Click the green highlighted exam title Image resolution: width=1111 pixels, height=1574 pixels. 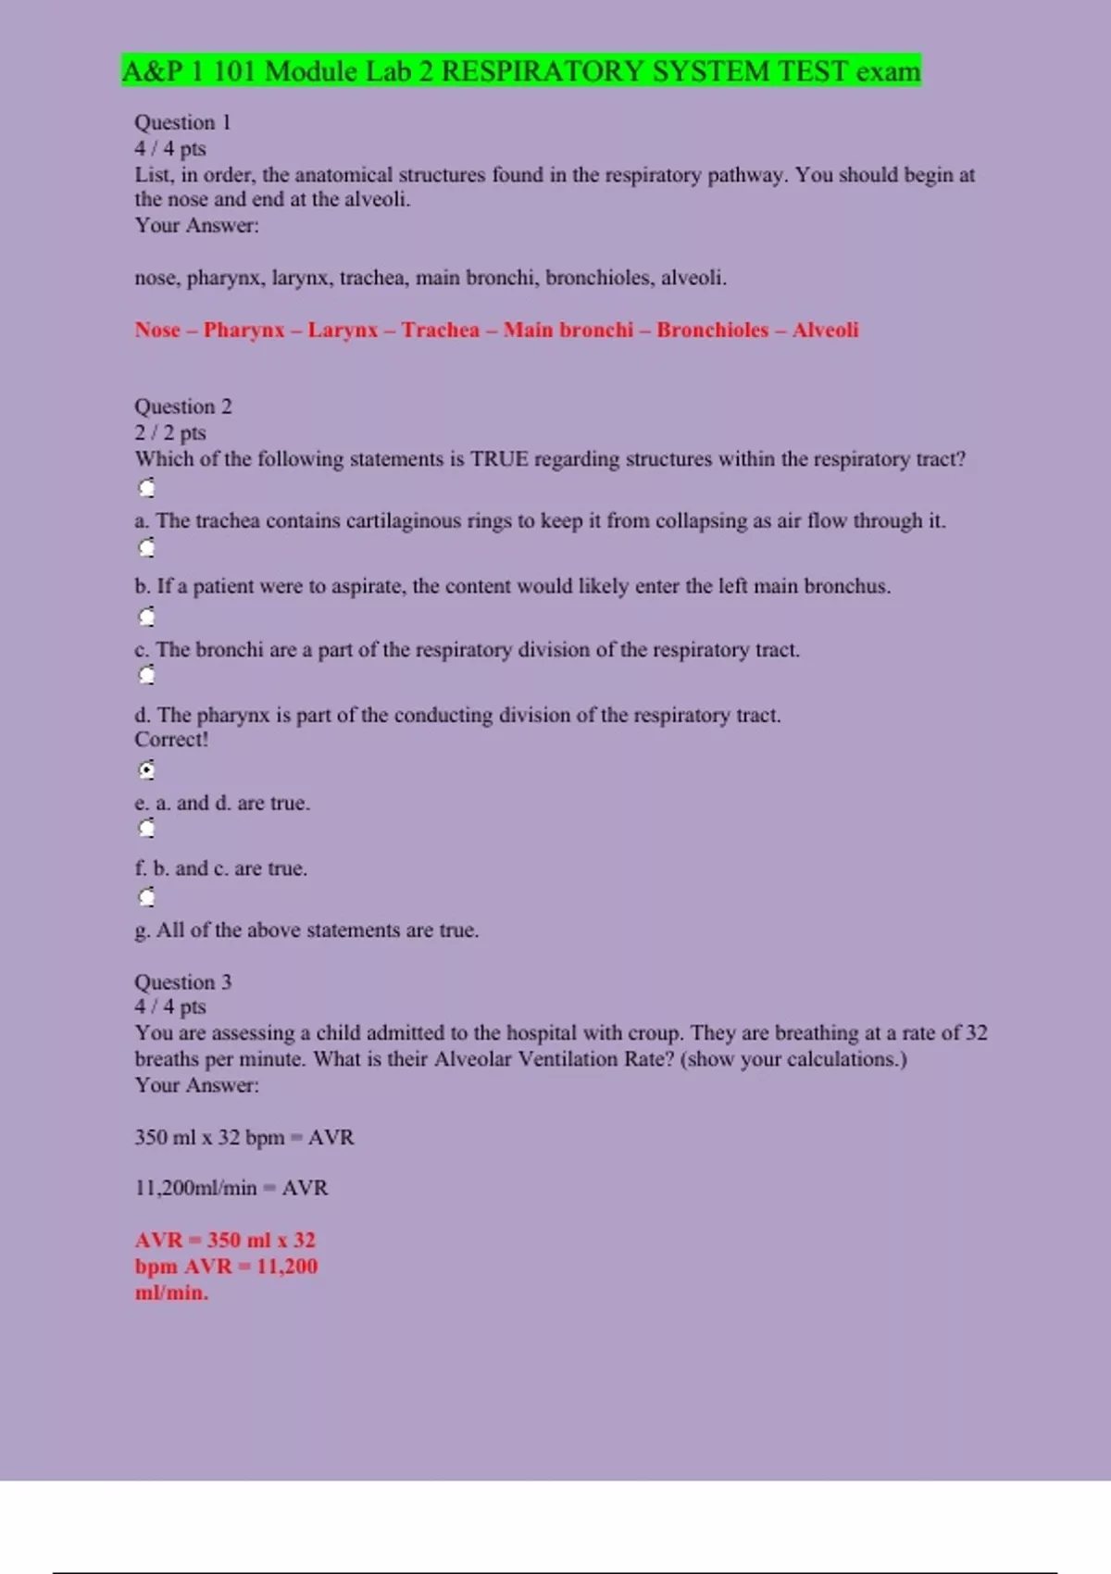tap(521, 71)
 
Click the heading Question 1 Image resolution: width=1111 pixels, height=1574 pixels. tap(182, 122)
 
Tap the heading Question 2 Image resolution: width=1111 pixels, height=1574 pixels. tap(183, 406)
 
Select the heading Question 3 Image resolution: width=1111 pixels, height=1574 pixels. tap(183, 981)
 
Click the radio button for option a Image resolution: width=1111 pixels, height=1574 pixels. tap(146, 488)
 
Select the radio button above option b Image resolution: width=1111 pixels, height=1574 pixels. tap(146, 548)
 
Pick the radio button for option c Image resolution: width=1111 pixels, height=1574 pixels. tap(146, 617)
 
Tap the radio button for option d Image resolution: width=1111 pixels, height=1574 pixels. tap(146, 676)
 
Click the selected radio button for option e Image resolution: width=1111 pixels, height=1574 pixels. tap(146, 770)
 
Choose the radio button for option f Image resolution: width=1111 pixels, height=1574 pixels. tap(146, 829)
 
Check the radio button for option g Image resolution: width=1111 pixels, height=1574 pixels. tap(146, 897)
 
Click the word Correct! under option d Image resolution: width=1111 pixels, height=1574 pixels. tap(171, 740)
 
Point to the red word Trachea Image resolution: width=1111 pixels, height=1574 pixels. tap(441, 331)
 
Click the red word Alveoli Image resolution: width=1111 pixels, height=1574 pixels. tap(825, 331)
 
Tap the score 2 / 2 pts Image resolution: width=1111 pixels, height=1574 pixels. tap(170, 432)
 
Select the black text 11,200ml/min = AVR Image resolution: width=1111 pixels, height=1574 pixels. tap(231, 1188)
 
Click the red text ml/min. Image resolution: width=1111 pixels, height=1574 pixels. tap(171, 1293)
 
